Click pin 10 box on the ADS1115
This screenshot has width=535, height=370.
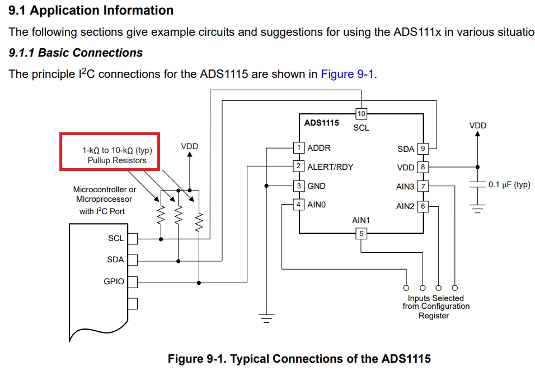click(362, 114)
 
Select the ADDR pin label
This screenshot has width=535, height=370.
click(318, 148)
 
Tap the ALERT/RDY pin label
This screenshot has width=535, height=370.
click(330, 166)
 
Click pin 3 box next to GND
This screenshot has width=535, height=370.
click(298, 186)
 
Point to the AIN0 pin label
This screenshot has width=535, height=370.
click(316, 205)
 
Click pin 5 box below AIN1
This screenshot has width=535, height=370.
click(362, 234)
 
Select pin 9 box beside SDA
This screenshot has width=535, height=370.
click(423, 149)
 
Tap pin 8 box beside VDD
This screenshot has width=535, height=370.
click(423, 167)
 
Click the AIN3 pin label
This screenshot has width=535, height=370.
click(405, 187)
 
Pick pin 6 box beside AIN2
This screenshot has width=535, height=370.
click(423, 206)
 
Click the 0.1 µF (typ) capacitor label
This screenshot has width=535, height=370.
click(509, 184)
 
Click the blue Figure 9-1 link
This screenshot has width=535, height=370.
click(348, 74)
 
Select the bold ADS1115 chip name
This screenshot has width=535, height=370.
click(321, 123)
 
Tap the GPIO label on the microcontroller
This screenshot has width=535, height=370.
click(114, 281)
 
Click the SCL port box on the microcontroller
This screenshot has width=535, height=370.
click(133, 239)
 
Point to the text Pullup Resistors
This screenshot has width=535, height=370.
click(117, 160)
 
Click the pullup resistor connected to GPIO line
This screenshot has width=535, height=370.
click(199, 222)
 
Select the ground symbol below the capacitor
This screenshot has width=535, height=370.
click(477, 209)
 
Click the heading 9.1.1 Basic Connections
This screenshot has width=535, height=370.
click(76, 53)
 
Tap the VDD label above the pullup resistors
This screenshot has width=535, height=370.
click(189, 146)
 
